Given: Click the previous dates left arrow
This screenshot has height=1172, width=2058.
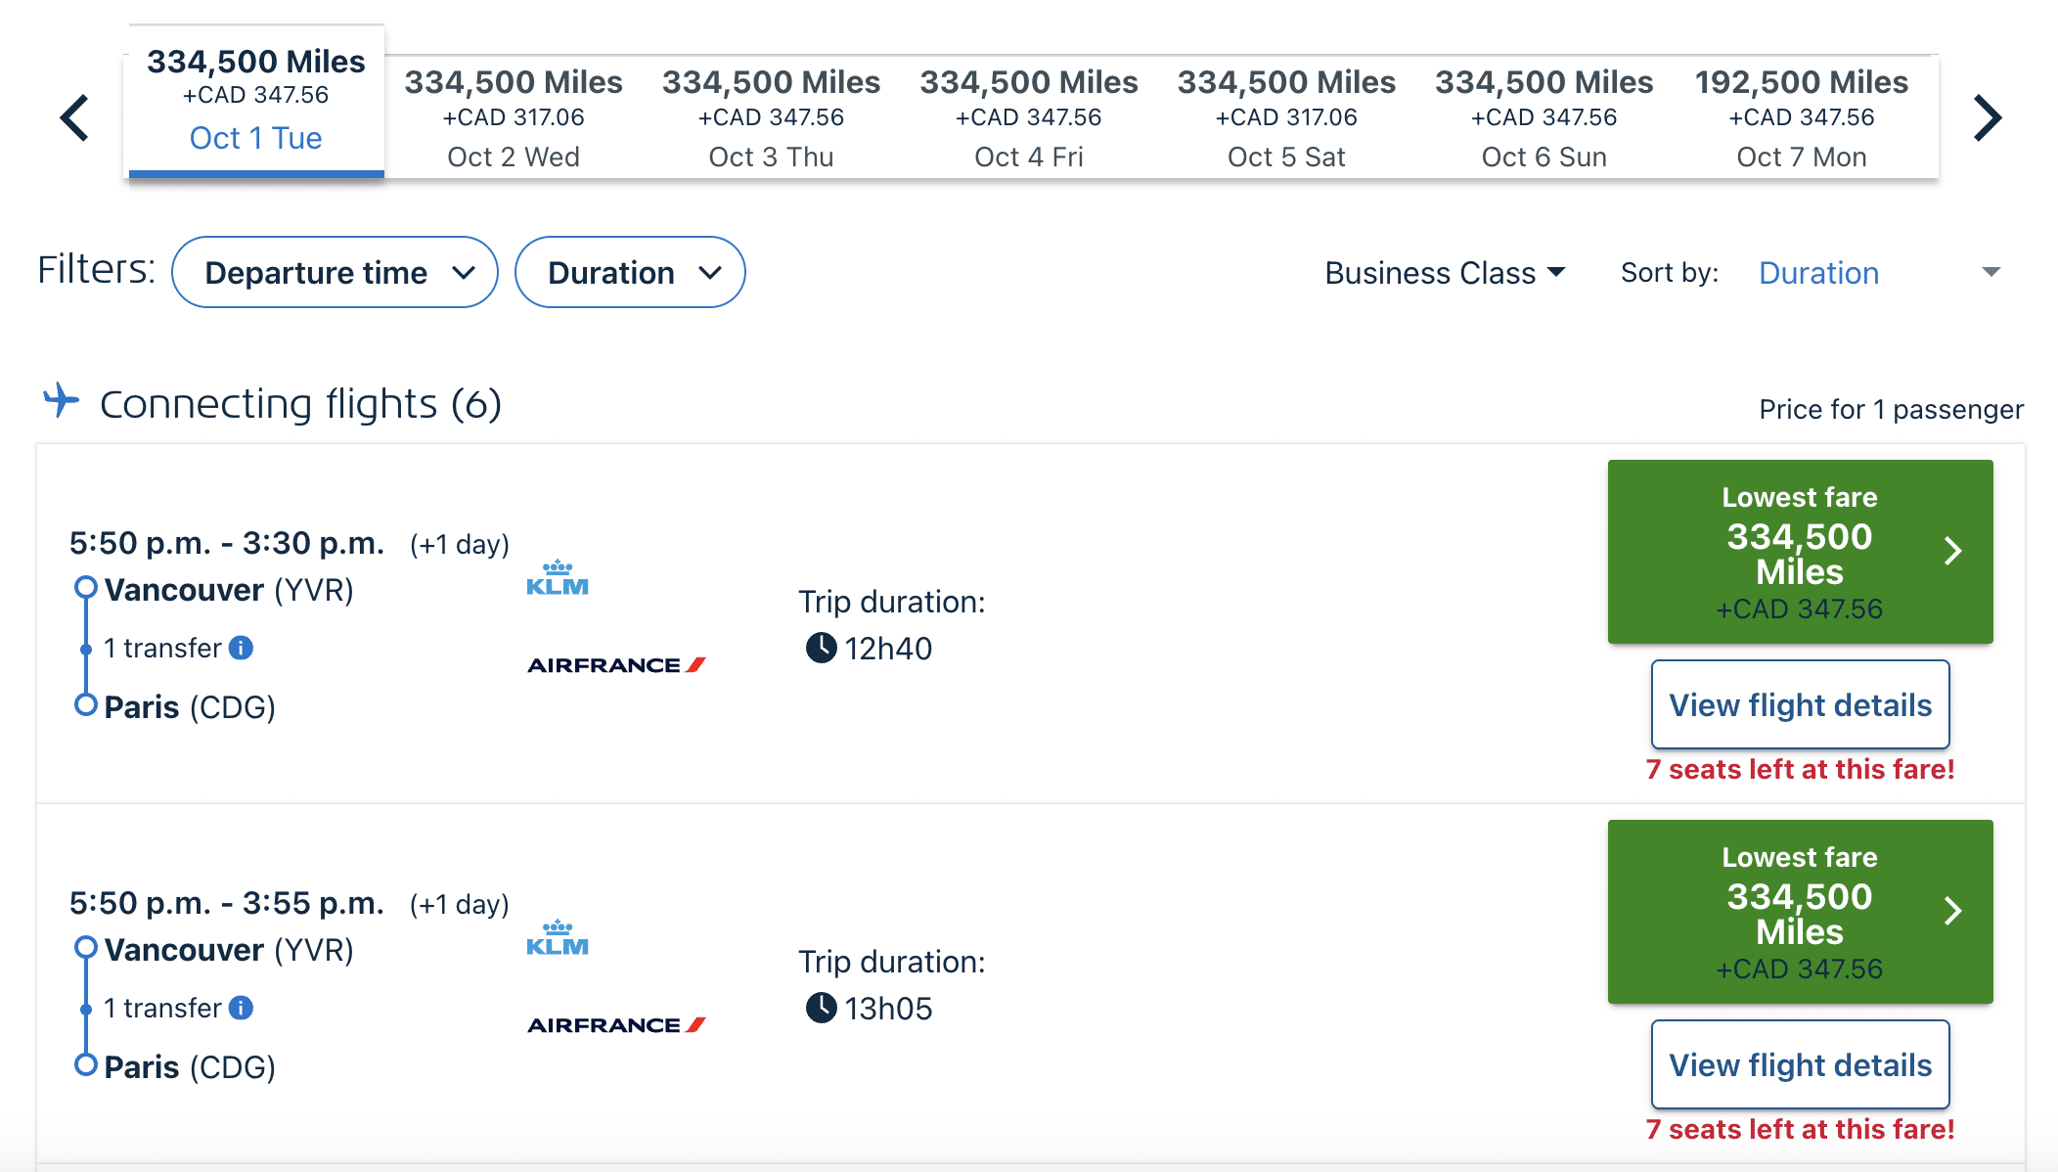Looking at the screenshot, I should click(x=75, y=118).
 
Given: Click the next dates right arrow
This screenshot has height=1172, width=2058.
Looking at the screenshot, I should click(x=1987, y=118).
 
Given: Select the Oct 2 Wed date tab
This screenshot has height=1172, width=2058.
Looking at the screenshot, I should click(x=514, y=117).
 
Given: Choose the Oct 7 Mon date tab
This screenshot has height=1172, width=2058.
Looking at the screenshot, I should click(x=1801, y=117).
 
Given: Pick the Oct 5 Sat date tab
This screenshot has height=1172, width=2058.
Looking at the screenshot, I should click(x=1286, y=117).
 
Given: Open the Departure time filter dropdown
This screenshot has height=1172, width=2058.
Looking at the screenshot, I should click(x=335, y=272).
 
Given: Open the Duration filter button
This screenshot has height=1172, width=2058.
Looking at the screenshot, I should click(x=630, y=272).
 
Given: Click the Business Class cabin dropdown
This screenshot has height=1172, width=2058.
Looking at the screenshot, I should click(x=1445, y=273).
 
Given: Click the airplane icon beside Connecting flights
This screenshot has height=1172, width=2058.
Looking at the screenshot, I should click(x=62, y=400).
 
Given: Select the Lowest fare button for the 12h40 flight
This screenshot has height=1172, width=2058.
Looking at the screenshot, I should click(x=1800, y=552).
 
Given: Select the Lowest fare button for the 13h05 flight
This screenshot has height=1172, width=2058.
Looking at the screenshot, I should click(x=1800, y=912).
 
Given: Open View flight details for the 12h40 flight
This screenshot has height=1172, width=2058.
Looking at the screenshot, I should click(x=1800, y=704).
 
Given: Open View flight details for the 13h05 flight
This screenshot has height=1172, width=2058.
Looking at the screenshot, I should click(x=1800, y=1064).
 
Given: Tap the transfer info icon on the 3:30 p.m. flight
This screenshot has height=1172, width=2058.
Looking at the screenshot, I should click(x=241, y=648).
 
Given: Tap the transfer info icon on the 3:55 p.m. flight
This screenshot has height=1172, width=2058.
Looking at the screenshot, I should click(x=241, y=1008).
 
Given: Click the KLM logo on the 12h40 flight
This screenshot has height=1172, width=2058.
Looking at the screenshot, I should click(x=558, y=578).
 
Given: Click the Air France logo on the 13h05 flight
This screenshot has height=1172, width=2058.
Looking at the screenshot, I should click(x=616, y=1025).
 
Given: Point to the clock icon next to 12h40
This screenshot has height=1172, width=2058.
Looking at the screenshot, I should click(x=821, y=648).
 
